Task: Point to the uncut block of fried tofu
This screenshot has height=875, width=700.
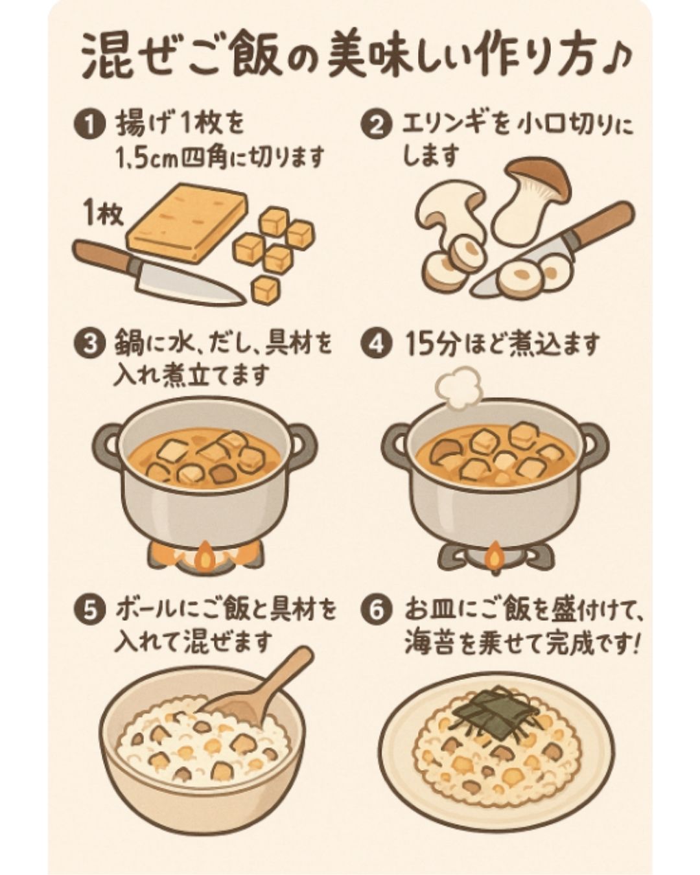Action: pos(187,222)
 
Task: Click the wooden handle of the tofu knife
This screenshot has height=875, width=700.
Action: pos(100,255)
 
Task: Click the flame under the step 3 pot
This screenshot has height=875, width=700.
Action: pos(205,556)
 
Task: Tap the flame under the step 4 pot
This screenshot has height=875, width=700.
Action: pos(494,556)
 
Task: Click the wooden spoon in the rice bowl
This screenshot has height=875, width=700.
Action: pos(266,684)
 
